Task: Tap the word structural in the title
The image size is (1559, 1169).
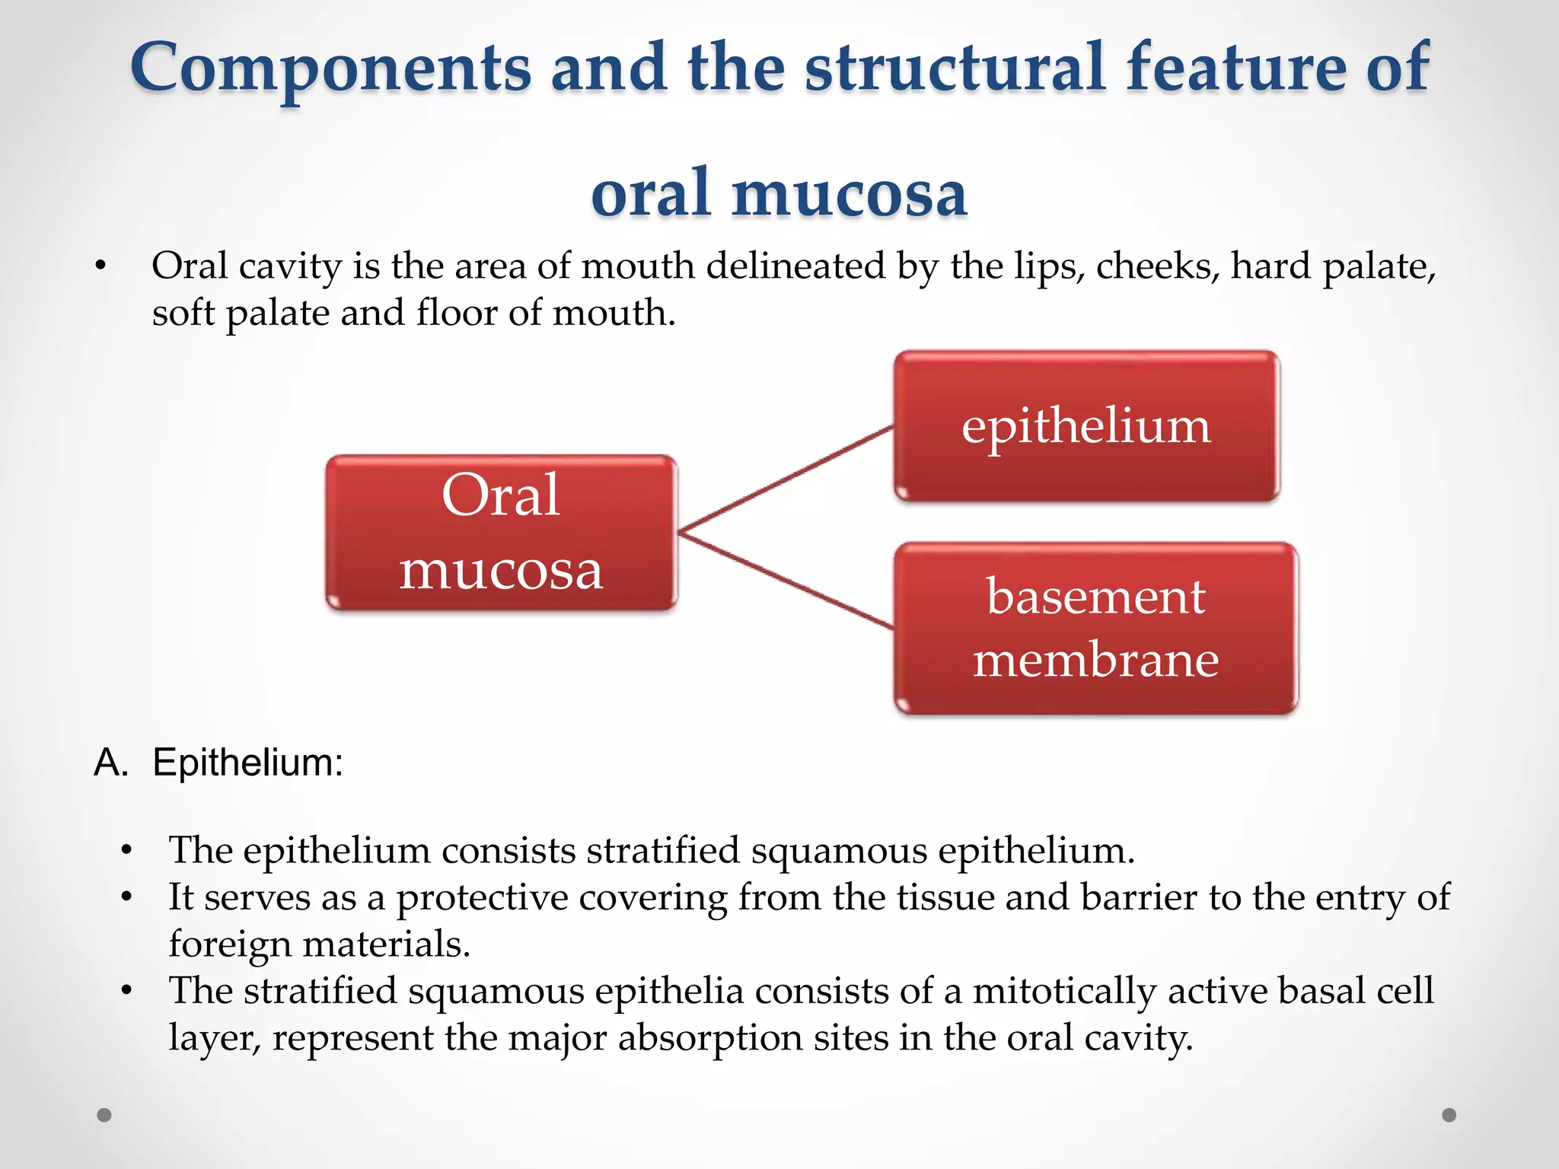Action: click(x=955, y=68)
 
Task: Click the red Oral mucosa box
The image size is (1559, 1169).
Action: click(x=501, y=532)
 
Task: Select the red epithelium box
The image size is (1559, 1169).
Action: click(x=1086, y=426)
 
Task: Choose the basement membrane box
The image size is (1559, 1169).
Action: click(x=1095, y=628)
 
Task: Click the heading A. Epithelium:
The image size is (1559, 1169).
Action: click(x=218, y=762)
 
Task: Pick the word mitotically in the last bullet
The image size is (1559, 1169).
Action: click(x=1064, y=992)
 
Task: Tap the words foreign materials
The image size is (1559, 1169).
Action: click(x=319, y=944)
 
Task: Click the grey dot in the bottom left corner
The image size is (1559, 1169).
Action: click(x=104, y=1115)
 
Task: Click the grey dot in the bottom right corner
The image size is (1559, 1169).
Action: click(x=1449, y=1115)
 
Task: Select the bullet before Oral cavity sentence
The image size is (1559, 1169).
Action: click(x=100, y=267)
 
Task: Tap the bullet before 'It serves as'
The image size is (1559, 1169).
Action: click(x=126, y=897)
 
